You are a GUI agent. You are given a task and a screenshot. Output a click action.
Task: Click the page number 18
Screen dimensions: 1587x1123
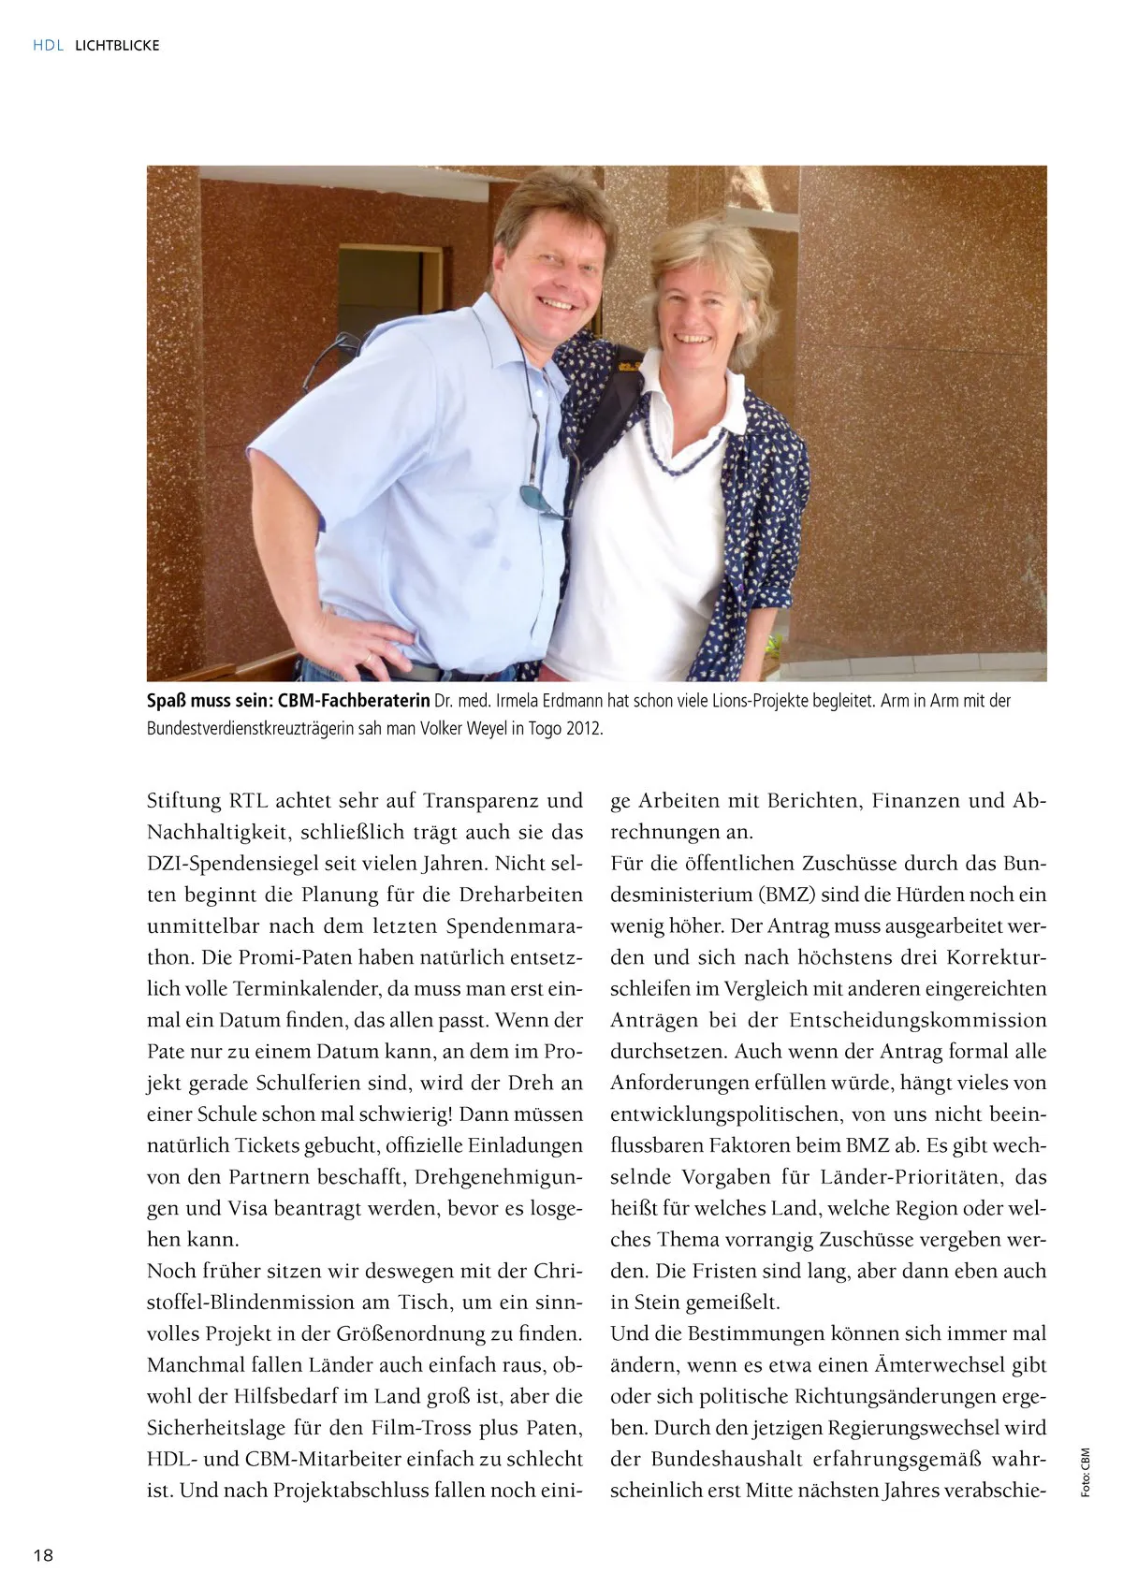(43, 1556)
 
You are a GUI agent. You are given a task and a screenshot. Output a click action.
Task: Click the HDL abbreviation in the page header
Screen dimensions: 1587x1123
(47, 45)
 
